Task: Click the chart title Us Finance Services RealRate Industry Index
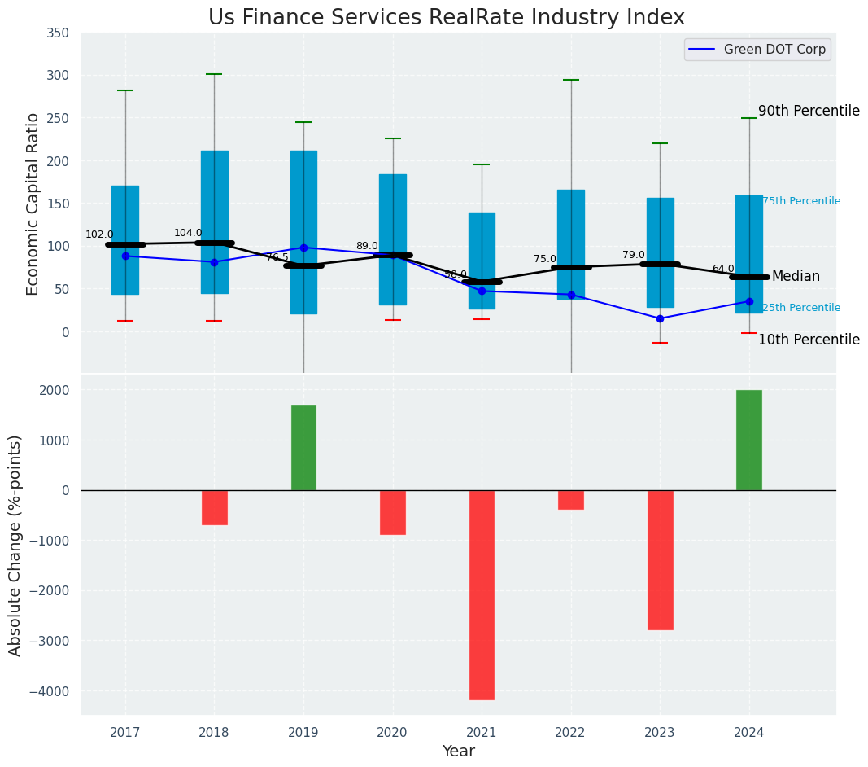point(446,18)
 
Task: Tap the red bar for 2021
point(482,594)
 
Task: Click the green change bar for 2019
point(303,448)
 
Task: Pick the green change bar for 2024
point(749,440)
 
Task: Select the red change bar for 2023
point(660,559)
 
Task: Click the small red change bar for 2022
point(571,500)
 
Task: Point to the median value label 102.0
point(99,234)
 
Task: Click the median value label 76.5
point(277,257)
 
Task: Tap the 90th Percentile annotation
point(809,112)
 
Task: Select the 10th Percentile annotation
point(809,340)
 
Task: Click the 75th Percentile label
point(801,202)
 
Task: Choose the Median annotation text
point(796,277)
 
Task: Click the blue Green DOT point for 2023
point(660,318)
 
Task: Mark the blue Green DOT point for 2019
point(303,248)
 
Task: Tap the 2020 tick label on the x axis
point(393,734)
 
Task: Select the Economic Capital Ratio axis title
point(33,204)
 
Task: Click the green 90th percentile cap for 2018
point(215,74)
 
